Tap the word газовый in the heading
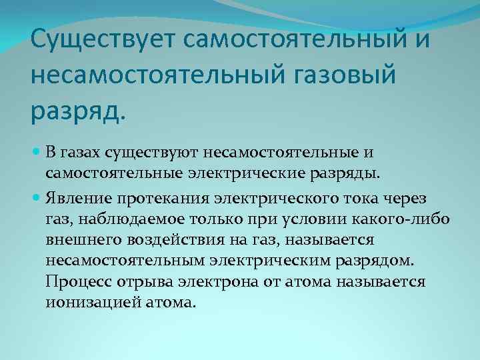336,75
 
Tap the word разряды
346,174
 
